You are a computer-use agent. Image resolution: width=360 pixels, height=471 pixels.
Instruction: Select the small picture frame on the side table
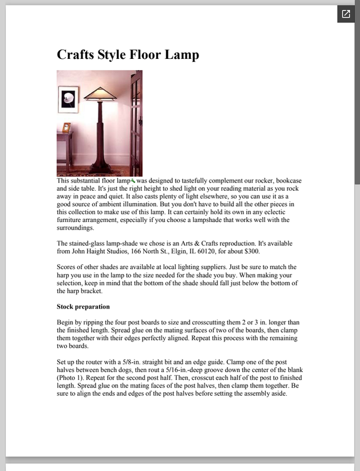point(66,127)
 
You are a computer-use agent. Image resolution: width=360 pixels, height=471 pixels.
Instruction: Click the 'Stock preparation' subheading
point(83,307)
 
